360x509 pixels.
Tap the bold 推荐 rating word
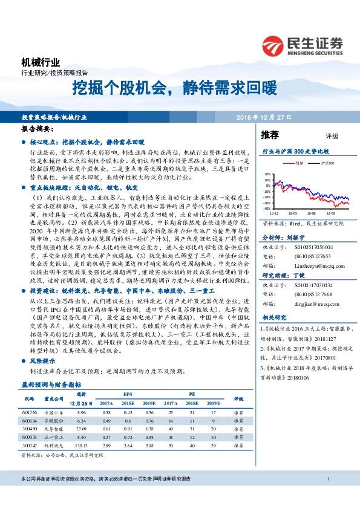270,134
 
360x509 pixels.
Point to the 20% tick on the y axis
267,173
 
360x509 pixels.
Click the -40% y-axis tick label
266,209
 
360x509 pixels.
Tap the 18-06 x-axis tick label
311,213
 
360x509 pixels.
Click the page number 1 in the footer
327,496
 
